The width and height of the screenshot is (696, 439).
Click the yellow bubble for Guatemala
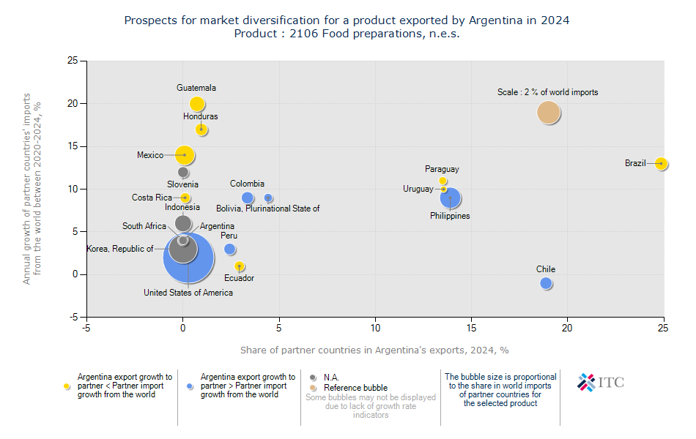click(x=197, y=104)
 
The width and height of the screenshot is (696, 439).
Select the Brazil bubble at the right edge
click(x=662, y=163)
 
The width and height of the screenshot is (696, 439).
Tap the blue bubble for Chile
click(x=546, y=283)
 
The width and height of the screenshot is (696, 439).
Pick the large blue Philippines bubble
click(x=451, y=198)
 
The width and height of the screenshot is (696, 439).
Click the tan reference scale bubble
click(x=549, y=113)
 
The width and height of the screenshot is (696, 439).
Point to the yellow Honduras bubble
click(x=201, y=130)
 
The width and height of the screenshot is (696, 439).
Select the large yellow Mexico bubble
click(x=185, y=155)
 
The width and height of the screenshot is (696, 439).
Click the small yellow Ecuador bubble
click(x=240, y=266)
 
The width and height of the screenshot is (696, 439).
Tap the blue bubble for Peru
click(x=230, y=249)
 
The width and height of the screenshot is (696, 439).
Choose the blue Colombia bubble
click(x=248, y=198)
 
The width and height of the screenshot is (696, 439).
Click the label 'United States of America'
click(x=188, y=293)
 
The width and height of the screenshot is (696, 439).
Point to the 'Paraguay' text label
click(x=442, y=169)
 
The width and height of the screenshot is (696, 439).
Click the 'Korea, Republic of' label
click(x=120, y=249)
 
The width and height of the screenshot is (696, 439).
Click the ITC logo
click(x=601, y=382)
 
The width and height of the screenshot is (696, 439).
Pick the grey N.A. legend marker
click(x=314, y=378)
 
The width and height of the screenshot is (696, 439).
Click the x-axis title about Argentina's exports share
click(x=374, y=350)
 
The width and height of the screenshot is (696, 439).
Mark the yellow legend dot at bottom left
click(x=67, y=386)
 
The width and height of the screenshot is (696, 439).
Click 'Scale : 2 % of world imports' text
click(x=547, y=92)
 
